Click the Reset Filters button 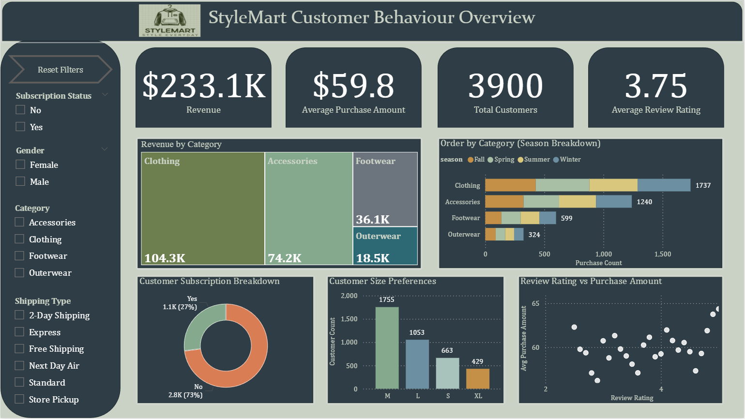[61, 70]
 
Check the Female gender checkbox [20, 165]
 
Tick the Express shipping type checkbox [19, 332]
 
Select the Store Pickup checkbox [19, 399]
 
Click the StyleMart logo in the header [169, 21]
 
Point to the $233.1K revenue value [204, 86]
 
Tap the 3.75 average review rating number [656, 86]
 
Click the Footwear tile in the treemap [385, 189]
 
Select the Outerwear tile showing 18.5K [385, 246]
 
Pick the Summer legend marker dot [520, 160]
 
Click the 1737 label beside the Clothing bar [703, 185]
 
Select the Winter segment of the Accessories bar [614, 202]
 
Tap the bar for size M [387, 348]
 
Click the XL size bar [478, 378]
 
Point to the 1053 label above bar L [417, 332]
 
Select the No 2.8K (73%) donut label [186, 391]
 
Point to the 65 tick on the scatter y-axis [535, 303]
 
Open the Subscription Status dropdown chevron [105, 95]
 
